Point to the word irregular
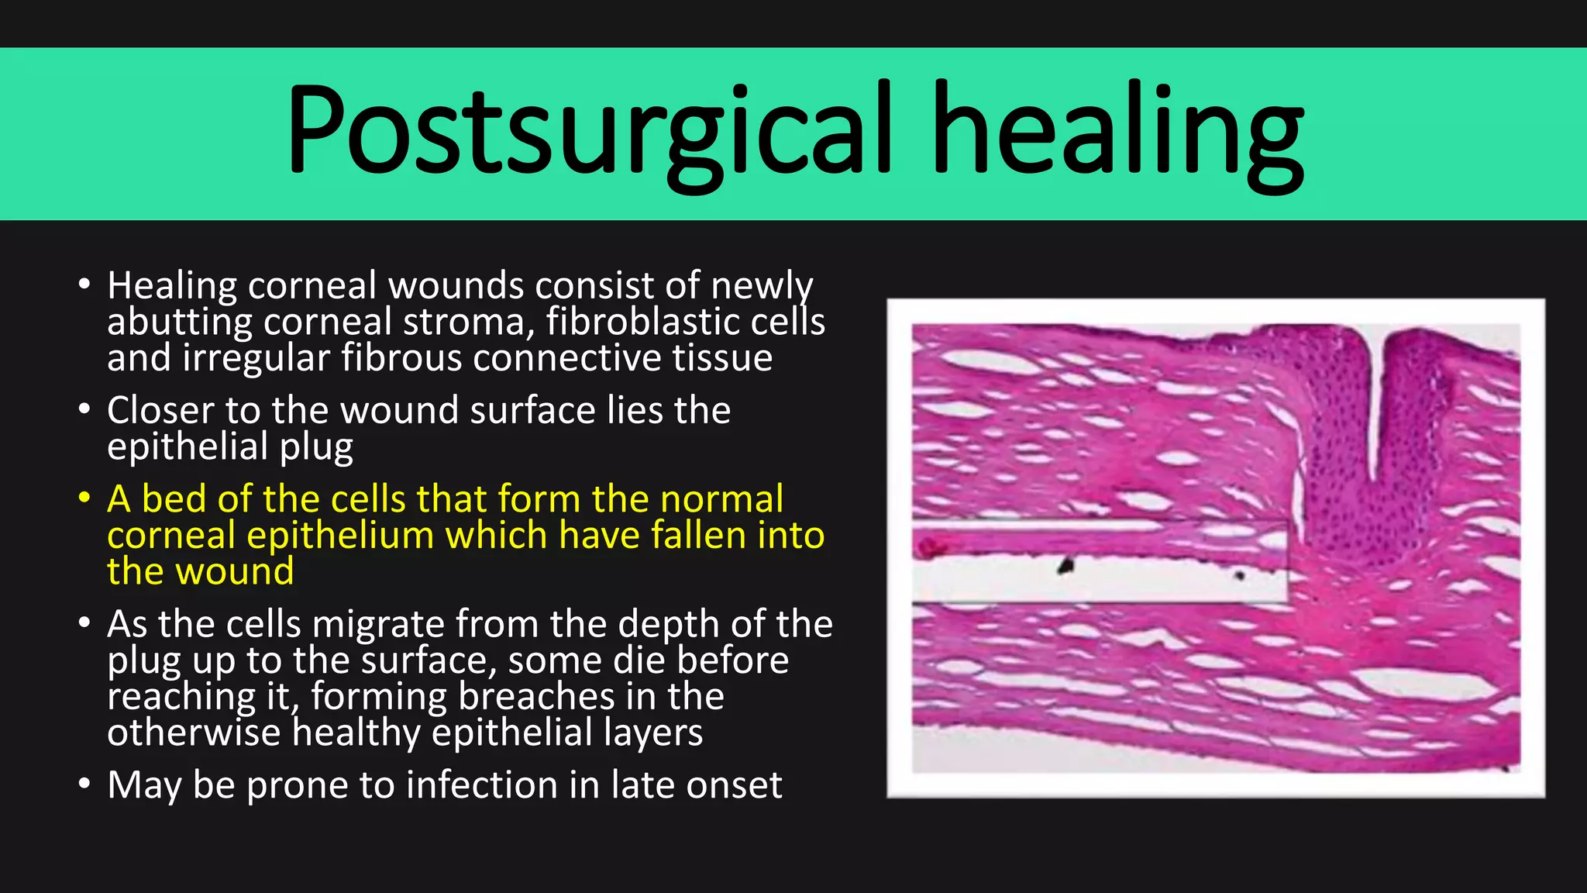256,358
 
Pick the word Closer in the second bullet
160,410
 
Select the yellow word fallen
699,535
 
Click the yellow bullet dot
84,498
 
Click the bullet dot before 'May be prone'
84,783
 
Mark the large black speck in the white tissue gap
1067,566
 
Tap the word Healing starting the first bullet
172,286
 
